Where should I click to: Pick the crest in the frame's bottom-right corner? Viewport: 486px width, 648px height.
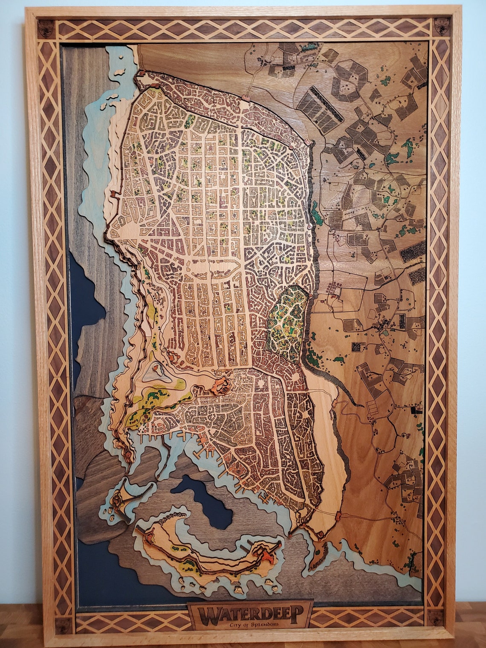click(x=436, y=616)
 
